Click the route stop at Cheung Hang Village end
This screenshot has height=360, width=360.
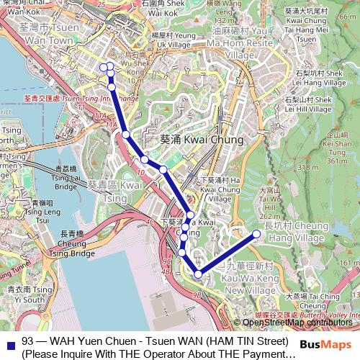[x=256, y=233]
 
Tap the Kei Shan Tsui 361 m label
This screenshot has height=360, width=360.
[x=336, y=147]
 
